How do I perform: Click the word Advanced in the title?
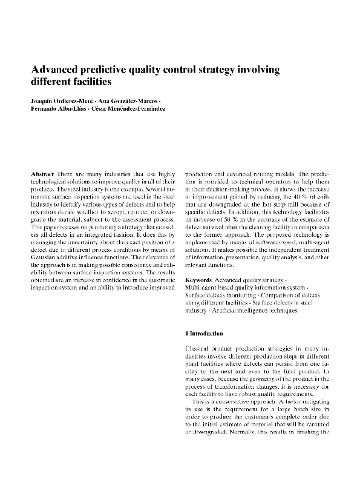(x=55, y=70)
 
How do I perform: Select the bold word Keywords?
(x=198, y=282)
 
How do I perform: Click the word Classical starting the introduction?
(x=199, y=351)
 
